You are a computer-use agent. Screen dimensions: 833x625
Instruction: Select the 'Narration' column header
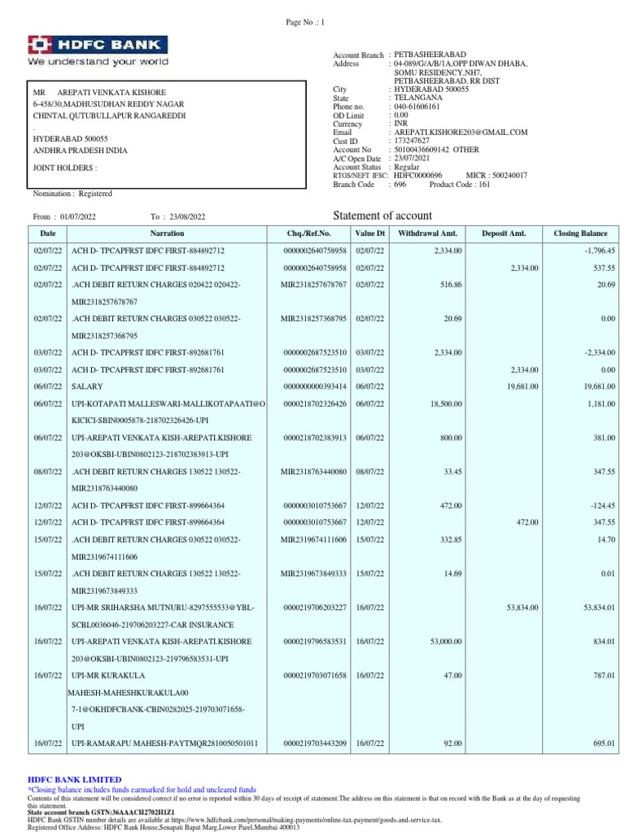[167, 233]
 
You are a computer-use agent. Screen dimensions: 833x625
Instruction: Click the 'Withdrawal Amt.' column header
[422, 233]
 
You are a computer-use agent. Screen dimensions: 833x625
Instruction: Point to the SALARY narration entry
[88, 386]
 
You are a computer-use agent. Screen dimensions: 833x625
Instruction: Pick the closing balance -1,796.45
[597, 251]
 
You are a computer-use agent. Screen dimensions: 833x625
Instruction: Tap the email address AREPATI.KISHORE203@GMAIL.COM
[461, 132]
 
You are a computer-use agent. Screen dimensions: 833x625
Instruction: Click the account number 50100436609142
[422, 150]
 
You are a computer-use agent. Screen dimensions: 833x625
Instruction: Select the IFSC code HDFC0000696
[417, 176]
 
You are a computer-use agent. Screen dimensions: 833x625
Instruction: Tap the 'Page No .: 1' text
[305, 24]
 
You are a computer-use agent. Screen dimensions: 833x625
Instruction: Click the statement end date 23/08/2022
[188, 217]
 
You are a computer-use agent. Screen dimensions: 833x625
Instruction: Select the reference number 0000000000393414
[316, 386]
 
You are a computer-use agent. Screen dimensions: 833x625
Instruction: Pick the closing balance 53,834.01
[595, 608]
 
